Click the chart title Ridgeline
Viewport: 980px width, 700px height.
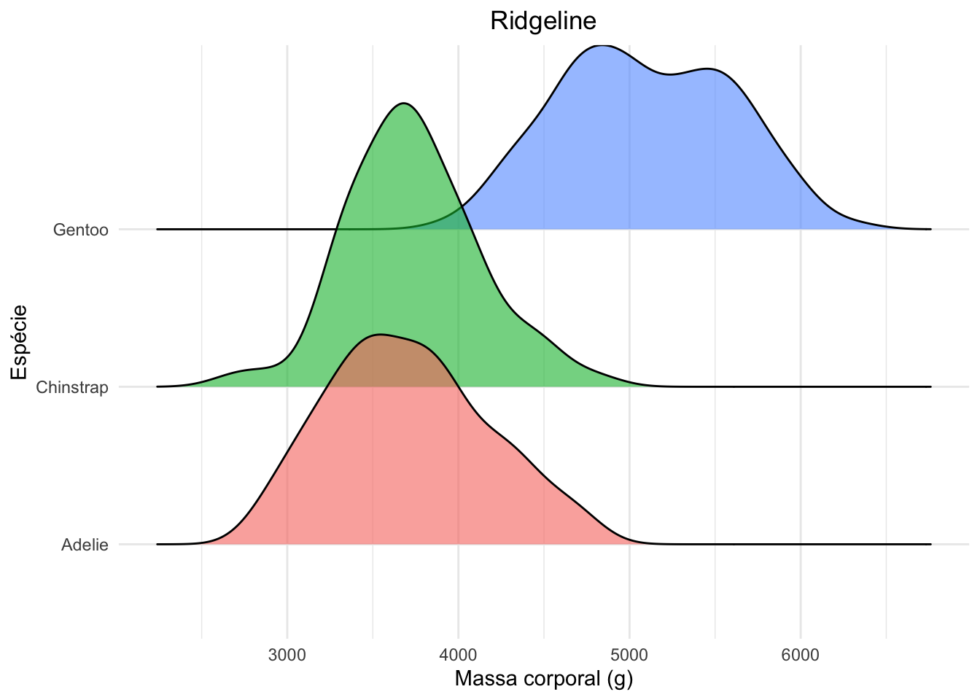point(543,21)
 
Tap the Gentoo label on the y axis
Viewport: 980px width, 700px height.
point(80,230)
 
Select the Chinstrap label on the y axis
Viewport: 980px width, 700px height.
point(71,387)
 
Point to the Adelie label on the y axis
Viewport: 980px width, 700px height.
point(85,545)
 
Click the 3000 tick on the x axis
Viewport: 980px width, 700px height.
point(287,655)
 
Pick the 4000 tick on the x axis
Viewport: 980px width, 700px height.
point(458,655)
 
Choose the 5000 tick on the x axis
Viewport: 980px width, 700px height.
point(629,655)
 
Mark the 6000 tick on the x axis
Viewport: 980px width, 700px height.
point(801,655)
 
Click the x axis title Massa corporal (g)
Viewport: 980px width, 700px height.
point(543,679)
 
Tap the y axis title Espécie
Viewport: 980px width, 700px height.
point(20,342)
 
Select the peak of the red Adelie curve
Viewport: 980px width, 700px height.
point(380,335)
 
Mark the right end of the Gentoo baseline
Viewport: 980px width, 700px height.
point(930,229)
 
